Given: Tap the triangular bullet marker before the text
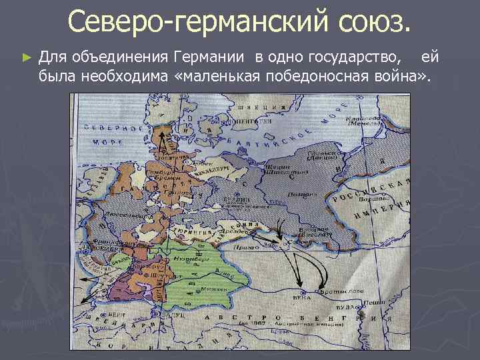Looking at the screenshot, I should point(26,58).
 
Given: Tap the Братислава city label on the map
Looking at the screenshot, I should point(333,291).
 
